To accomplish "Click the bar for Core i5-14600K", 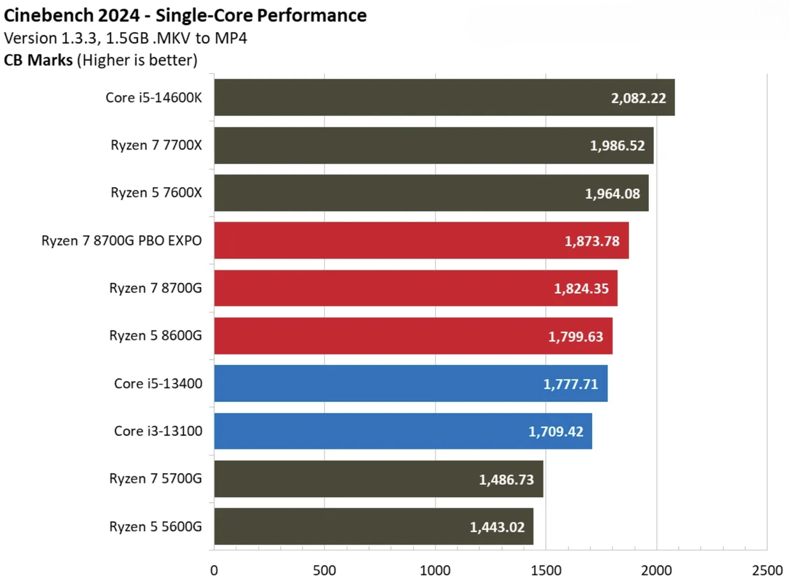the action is pyautogui.click(x=444, y=97).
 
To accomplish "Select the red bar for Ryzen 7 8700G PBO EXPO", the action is pyautogui.click(x=421, y=240).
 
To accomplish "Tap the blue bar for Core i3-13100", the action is pyautogui.click(x=403, y=431).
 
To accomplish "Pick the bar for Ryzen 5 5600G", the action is pyautogui.click(x=373, y=527).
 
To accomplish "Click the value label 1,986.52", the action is pyautogui.click(x=617, y=146).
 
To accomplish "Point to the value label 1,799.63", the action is pyautogui.click(x=576, y=337).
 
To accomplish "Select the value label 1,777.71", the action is pyautogui.click(x=571, y=384).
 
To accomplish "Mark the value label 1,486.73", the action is pyautogui.click(x=506, y=480).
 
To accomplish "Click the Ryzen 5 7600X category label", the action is pyautogui.click(x=156, y=193).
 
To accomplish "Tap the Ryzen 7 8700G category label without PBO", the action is pyautogui.click(x=155, y=288).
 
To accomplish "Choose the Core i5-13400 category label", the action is pyautogui.click(x=158, y=383).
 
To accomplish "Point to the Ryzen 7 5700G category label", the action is pyautogui.click(x=155, y=479).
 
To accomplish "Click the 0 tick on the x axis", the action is pyautogui.click(x=214, y=571).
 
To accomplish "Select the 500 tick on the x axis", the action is pyautogui.click(x=324, y=571).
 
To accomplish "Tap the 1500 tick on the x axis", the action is pyautogui.click(x=546, y=571).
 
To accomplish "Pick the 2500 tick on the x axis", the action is pyautogui.click(x=767, y=571).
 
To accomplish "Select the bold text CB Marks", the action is pyautogui.click(x=38, y=60).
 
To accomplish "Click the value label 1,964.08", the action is pyautogui.click(x=612, y=194).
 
